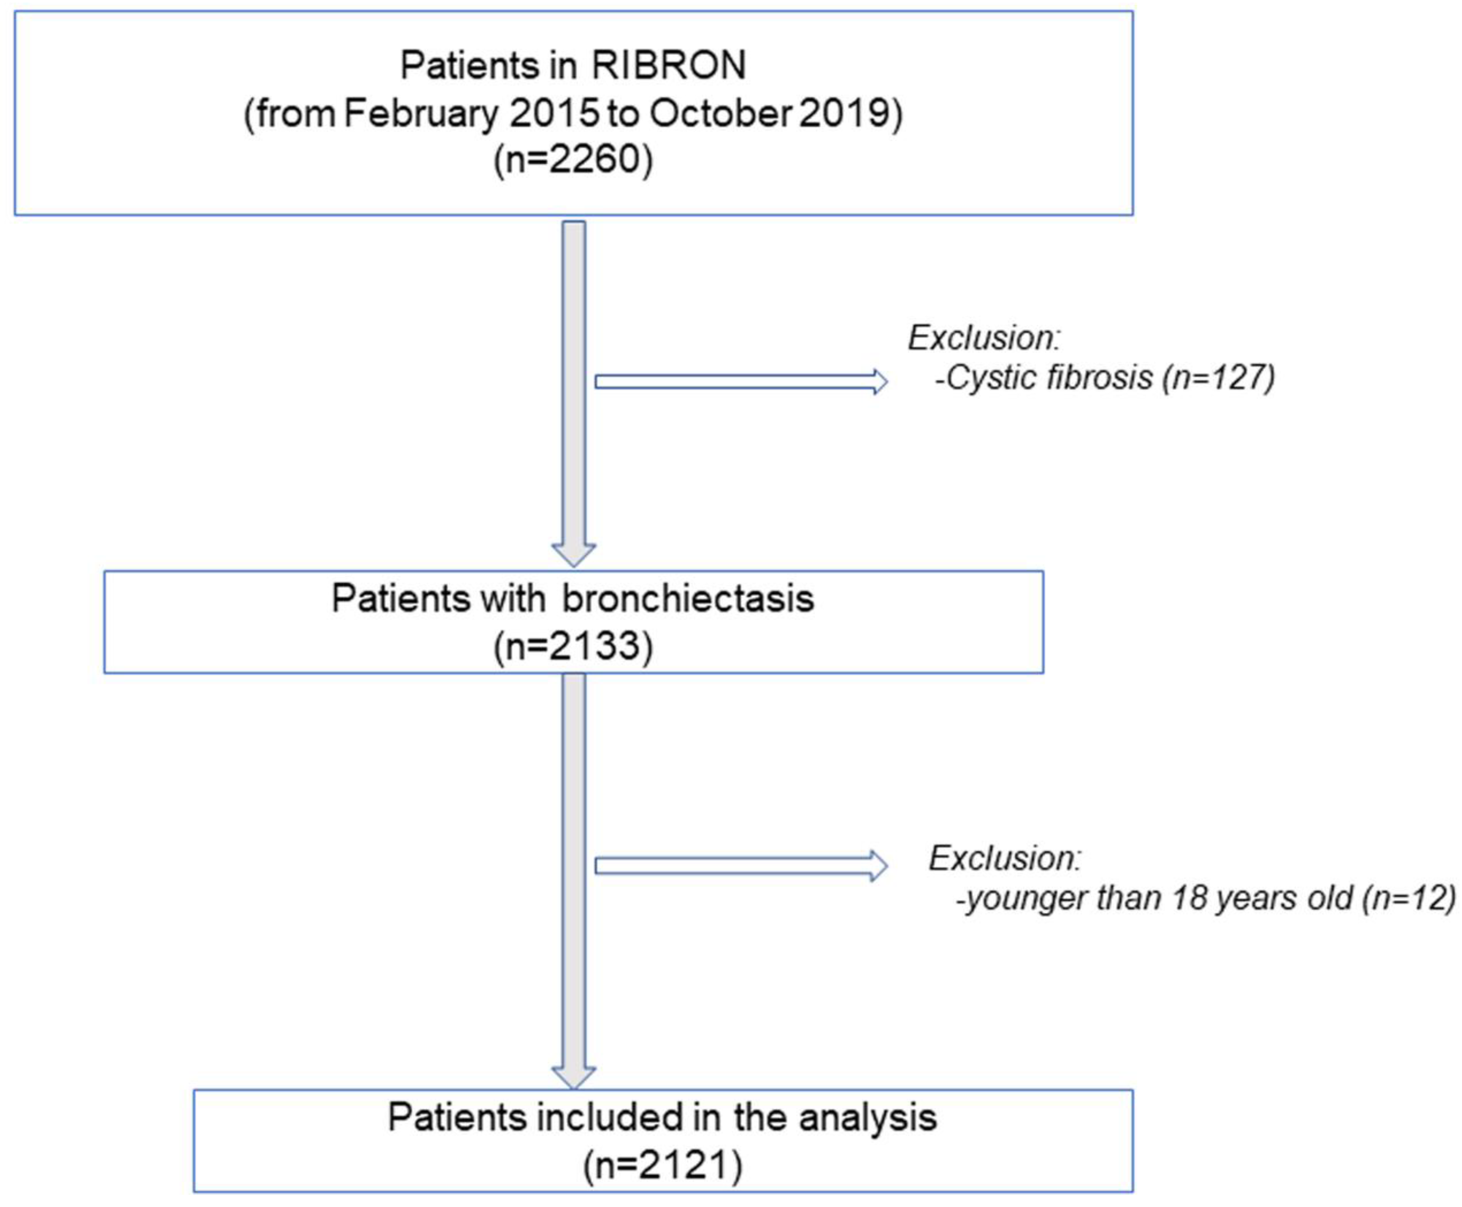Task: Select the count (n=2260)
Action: click(x=573, y=159)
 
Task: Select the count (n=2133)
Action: click(x=573, y=646)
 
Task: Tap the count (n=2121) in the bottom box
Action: click(x=662, y=1165)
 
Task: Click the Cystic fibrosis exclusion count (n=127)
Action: click(x=1218, y=378)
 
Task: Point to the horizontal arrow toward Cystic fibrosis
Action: click(x=740, y=382)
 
